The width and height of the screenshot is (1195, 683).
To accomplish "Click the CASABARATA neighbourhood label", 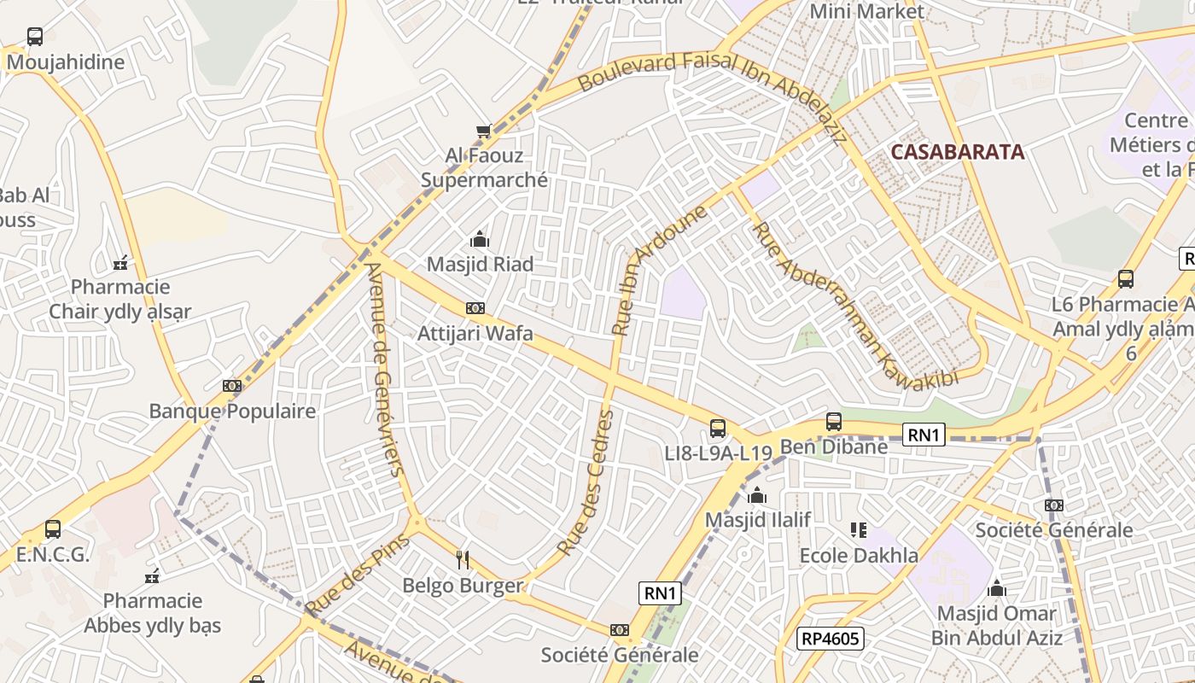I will tap(957, 152).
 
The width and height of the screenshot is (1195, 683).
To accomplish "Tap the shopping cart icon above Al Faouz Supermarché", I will tap(484, 131).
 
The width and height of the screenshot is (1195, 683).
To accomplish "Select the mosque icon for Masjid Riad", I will tap(480, 239).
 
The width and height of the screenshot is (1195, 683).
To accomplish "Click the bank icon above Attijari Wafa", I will tap(475, 308).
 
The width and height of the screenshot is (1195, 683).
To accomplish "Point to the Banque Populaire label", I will tap(232, 412).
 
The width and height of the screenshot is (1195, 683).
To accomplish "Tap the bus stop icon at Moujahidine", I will tap(34, 37).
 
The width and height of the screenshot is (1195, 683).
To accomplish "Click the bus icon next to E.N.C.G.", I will tap(53, 529).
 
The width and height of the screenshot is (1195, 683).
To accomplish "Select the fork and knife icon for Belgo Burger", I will tap(463, 560).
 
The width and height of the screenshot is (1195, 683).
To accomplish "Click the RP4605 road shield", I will tap(831, 638).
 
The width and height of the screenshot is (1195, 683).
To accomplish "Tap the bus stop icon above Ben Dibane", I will tap(834, 422).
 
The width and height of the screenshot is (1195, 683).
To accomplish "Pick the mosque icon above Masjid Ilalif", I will tap(757, 495).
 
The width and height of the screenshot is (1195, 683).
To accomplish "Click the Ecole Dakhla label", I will tap(859, 556).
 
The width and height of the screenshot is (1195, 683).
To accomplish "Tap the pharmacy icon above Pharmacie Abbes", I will tap(153, 576).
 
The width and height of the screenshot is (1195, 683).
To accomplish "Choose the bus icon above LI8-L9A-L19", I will tap(718, 429).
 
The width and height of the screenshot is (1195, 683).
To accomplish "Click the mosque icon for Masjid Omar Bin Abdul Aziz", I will tap(996, 588).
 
